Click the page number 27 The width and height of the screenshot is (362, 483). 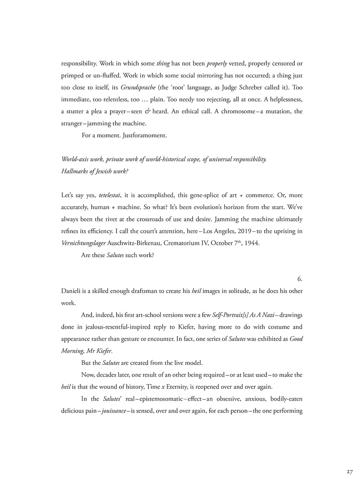(x=349, y=472)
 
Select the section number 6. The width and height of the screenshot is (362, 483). (x=300, y=279)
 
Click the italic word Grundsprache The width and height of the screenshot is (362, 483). (x=136, y=88)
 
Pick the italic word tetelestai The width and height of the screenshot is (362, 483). (x=109, y=195)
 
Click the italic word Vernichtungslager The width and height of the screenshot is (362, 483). (x=84, y=243)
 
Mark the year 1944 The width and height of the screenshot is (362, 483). (x=252, y=243)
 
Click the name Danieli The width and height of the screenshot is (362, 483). (x=72, y=291)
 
